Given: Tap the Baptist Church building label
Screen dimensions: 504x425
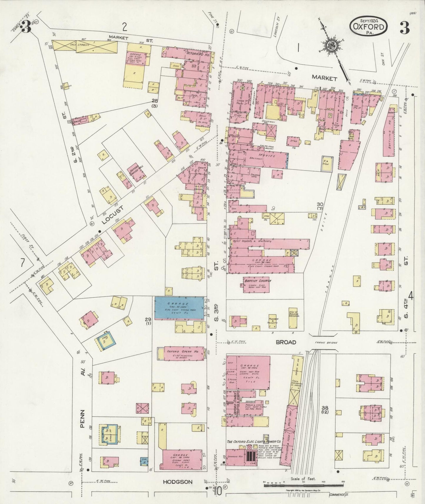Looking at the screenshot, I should tap(257, 281).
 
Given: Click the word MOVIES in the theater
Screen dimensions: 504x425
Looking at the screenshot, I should tap(259, 155).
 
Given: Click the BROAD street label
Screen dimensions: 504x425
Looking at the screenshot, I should tap(286, 342).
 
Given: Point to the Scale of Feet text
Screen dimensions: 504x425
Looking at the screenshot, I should tap(303, 479).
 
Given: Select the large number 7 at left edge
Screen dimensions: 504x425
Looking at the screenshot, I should tap(22, 262).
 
